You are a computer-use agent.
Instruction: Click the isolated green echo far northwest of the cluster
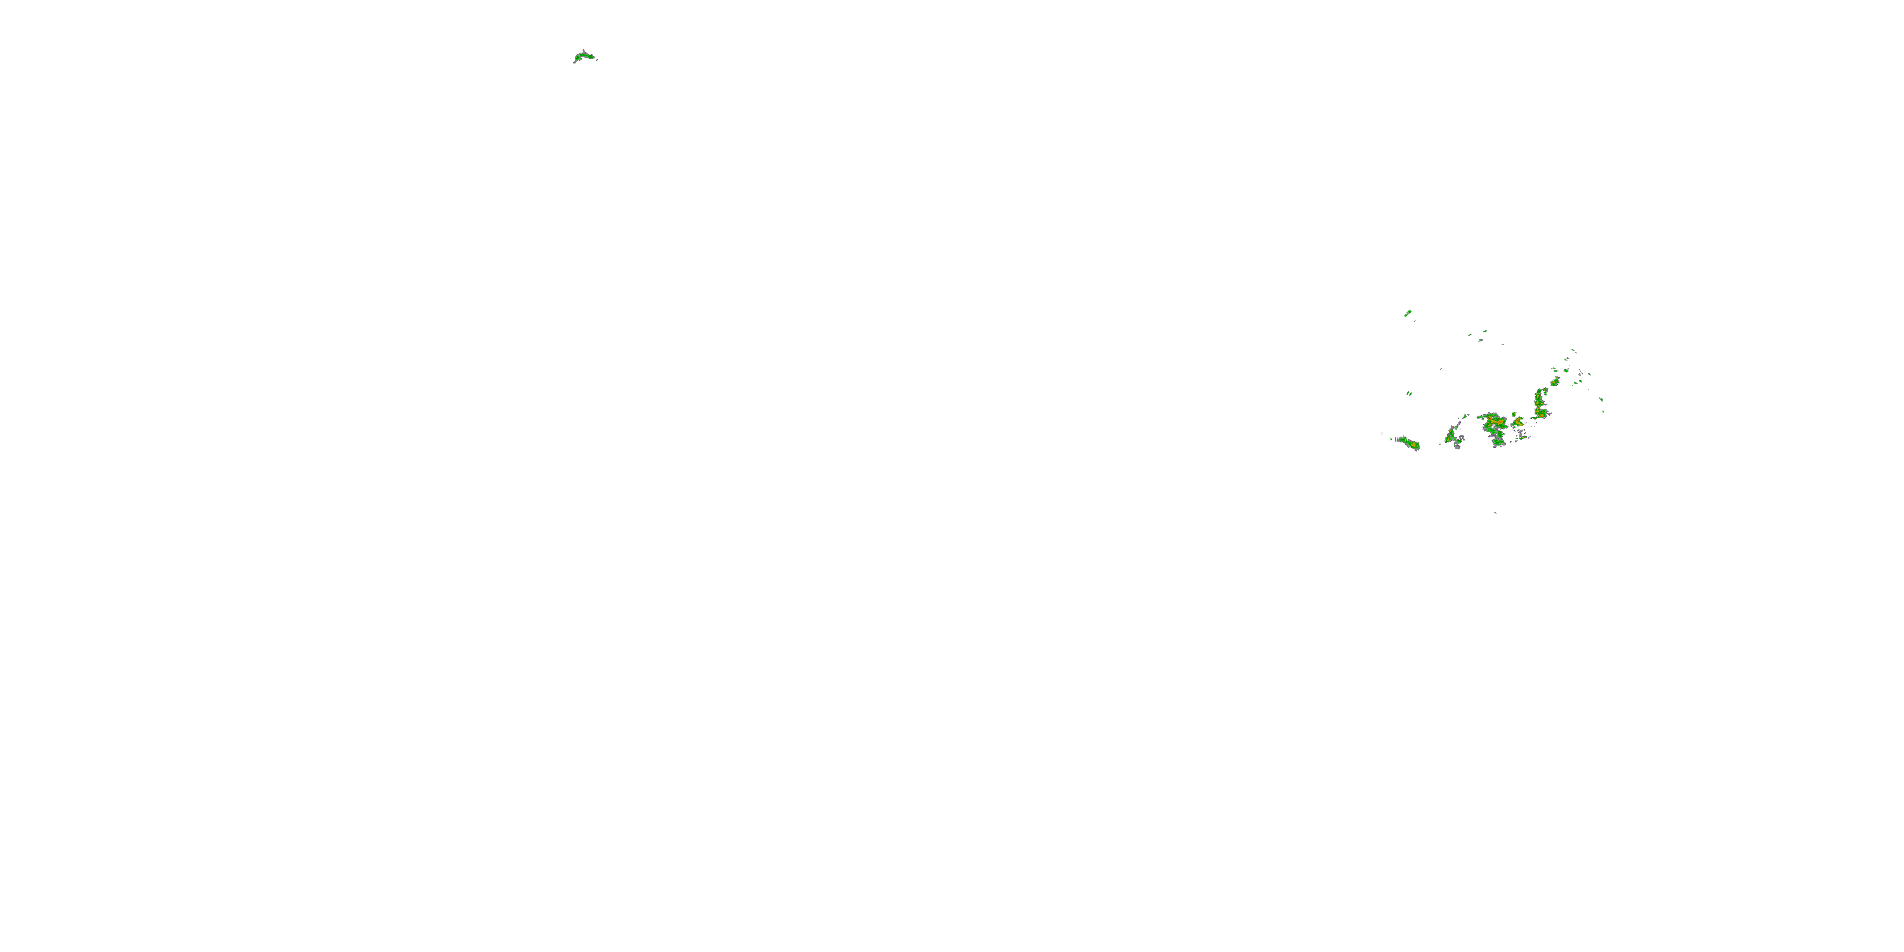click(x=585, y=56)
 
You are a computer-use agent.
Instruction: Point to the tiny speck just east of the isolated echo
click(x=597, y=58)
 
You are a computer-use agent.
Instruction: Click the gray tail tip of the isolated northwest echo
click(x=574, y=62)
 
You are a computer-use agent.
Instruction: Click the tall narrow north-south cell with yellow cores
click(x=1540, y=403)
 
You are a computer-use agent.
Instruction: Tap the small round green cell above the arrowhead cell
click(x=1514, y=414)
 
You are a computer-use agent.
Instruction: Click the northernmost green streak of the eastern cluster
click(x=1408, y=314)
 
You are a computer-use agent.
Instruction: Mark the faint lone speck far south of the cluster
click(x=1495, y=512)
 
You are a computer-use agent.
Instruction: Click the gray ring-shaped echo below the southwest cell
click(x=1458, y=446)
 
